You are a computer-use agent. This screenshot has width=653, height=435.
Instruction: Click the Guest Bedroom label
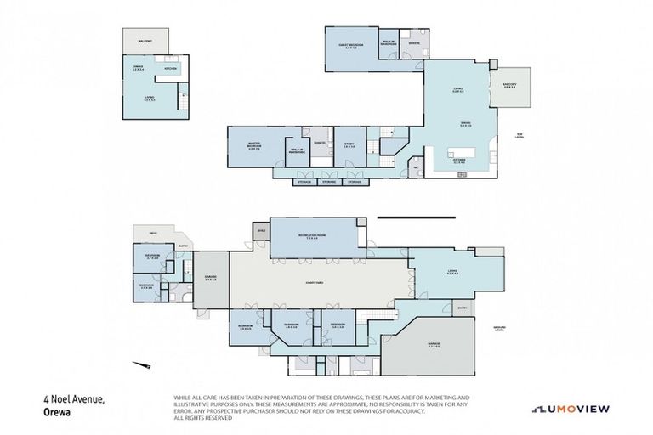352,47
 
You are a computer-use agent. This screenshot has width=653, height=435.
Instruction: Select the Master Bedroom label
253,145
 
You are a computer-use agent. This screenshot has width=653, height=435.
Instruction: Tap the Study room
349,145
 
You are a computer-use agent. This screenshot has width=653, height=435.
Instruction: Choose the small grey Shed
261,230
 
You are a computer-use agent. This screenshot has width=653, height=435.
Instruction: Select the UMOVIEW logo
571,409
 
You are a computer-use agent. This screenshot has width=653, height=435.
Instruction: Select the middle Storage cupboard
329,182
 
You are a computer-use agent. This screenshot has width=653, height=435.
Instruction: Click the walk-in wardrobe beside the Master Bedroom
297,150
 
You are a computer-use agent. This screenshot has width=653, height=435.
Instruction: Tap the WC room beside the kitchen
416,167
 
